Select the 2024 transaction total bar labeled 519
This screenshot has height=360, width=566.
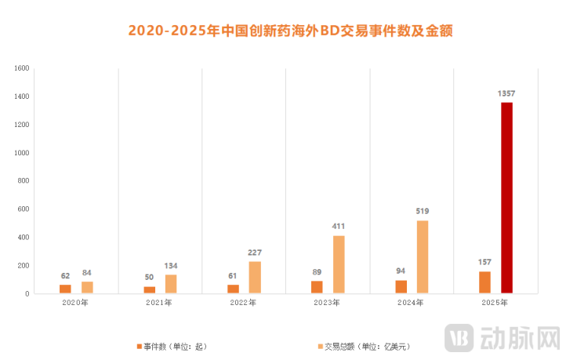click(x=423, y=257)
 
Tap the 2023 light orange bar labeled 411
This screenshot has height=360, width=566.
click(x=339, y=264)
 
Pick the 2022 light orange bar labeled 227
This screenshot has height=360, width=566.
click(x=255, y=278)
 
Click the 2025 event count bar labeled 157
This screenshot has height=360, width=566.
click(x=484, y=282)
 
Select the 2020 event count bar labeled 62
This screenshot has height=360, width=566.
click(x=65, y=289)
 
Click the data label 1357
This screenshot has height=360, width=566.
click(x=506, y=93)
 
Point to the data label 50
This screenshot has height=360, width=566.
click(x=149, y=278)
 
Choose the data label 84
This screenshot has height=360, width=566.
click(x=87, y=273)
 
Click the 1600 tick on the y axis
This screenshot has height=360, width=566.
click(x=21, y=68)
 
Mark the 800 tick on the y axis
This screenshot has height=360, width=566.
click(x=24, y=181)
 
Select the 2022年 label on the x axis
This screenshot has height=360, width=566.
click(x=244, y=304)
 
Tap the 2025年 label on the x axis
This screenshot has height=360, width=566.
click(x=495, y=304)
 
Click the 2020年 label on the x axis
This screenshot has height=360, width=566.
click(x=76, y=304)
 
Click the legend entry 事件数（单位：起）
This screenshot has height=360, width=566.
click(x=172, y=345)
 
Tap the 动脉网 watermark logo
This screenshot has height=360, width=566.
click(x=503, y=339)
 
